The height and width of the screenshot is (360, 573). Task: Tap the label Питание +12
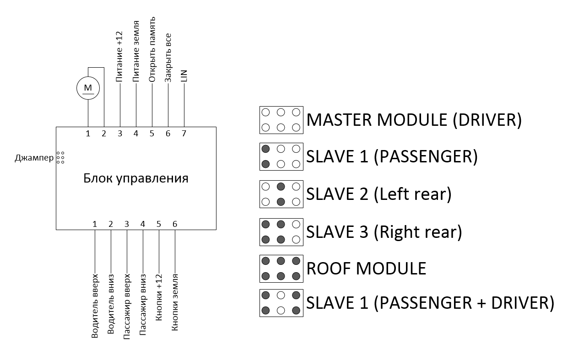120,57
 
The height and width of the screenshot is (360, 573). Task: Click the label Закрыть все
168,58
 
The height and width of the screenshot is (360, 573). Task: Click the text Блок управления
136,178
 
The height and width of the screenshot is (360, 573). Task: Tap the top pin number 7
184,134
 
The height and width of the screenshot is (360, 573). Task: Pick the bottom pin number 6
174,224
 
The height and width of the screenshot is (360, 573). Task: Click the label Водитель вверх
95,306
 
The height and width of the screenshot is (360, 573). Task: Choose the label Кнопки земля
174,302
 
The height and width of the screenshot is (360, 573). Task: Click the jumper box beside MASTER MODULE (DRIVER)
281,120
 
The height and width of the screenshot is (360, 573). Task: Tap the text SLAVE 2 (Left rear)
379,194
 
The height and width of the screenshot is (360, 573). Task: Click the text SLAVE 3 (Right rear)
384,232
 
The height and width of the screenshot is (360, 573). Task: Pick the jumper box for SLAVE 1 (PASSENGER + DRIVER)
281,303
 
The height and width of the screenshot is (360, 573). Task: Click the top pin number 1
88,134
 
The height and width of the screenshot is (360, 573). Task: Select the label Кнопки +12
159,297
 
